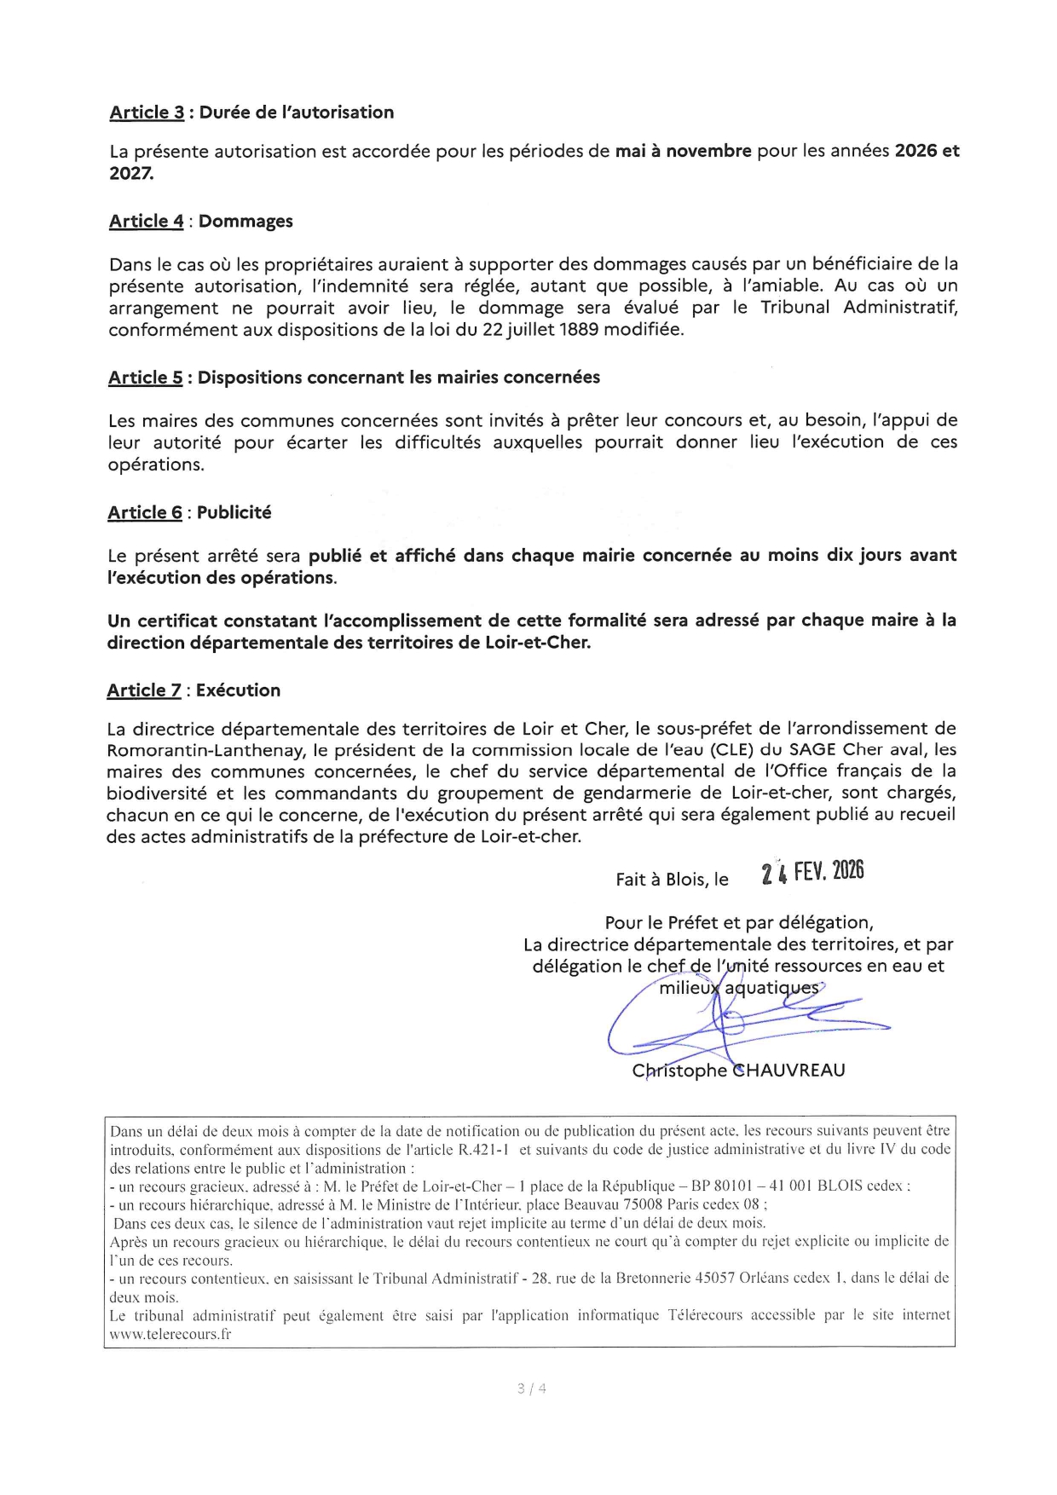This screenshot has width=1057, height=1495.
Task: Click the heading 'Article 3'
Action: click(147, 113)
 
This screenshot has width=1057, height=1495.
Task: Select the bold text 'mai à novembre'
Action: click(683, 151)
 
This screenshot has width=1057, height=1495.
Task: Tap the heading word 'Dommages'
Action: click(245, 222)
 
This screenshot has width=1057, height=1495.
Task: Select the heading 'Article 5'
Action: click(145, 378)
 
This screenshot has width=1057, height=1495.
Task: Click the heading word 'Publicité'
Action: click(234, 513)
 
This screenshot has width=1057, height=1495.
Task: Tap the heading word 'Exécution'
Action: click(238, 690)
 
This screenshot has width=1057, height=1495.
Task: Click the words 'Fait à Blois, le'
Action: click(672, 880)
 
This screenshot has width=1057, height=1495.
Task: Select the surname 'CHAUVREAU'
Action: click(789, 1071)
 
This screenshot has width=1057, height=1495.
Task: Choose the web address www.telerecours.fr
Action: click(170, 1335)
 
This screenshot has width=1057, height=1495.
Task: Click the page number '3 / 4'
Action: click(531, 1388)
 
